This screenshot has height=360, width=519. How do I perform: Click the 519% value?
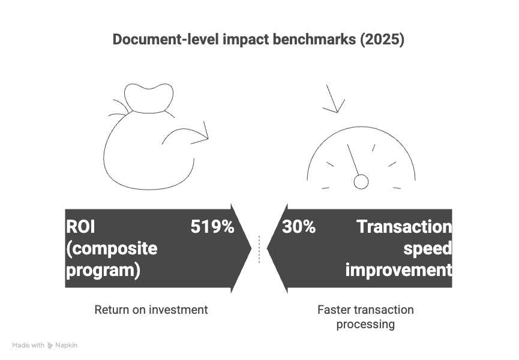click(x=212, y=227)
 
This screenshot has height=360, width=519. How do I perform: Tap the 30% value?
click(x=298, y=227)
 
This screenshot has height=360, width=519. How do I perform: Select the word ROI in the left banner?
click(x=80, y=227)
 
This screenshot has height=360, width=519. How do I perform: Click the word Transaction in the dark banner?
click(x=404, y=227)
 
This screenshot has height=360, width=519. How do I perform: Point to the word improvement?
click(x=398, y=270)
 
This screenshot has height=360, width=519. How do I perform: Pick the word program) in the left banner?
click(x=103, y=270)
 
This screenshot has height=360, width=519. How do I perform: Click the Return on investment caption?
click(x=151, y=310)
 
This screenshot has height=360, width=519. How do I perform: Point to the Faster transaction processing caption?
click(x=365, y=317)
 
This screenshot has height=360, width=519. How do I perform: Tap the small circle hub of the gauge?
click(x=361, y=181)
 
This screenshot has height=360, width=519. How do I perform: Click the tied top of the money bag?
click(x=148, y=99)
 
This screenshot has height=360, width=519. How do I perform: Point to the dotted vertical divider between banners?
click(x=259, y=249)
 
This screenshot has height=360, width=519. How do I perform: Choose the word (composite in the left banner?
click(x=111, y=248)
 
